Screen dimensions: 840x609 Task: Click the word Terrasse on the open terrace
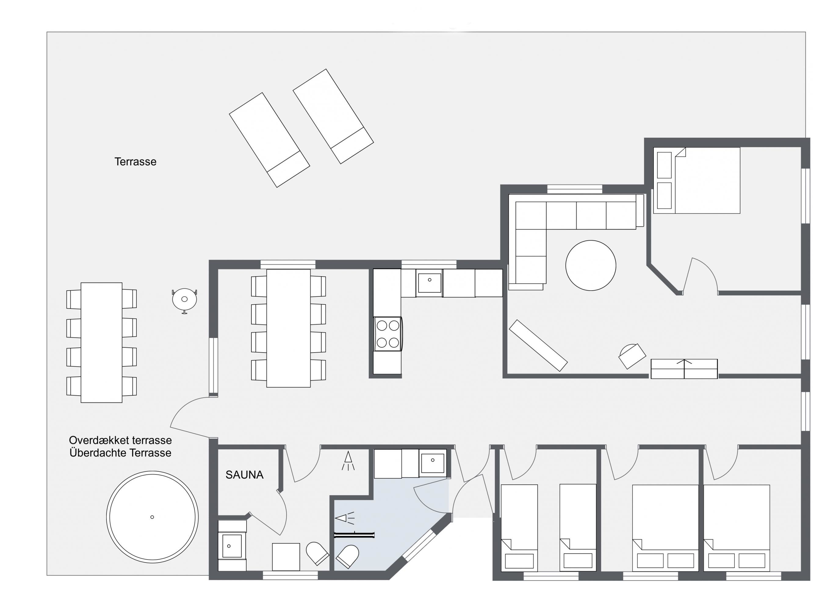coord(135,162)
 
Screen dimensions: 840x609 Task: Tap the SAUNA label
coord(244,475)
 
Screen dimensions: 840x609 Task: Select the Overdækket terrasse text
coord(120,440)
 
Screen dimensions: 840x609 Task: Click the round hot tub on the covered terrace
coord(152,517)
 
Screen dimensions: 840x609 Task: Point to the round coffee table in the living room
coord(591,266)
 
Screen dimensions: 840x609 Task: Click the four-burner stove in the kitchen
coord(388,334)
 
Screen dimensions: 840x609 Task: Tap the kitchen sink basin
coord(430,283)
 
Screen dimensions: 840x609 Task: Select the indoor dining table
coord(289,328)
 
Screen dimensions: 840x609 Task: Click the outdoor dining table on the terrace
coord(102,343)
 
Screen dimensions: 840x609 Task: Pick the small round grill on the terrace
coord(184,300)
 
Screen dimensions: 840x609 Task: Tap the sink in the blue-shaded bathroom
coord(432,463)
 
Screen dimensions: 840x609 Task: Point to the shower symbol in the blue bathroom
coord(345,518)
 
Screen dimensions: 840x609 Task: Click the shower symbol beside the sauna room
coord(348,461)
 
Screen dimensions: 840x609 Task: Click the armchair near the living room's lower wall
coord(632,356)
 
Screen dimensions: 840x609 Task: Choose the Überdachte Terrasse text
coord(120,453)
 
